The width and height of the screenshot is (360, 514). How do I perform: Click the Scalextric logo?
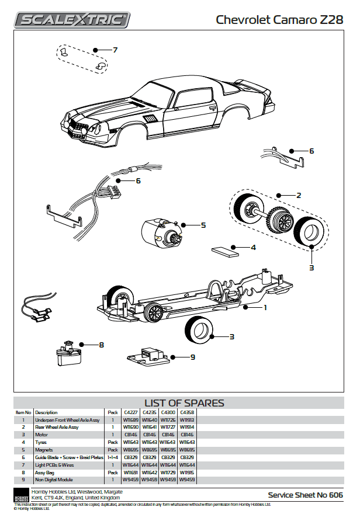coord(72,20)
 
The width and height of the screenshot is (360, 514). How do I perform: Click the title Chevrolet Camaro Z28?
coord(279,20)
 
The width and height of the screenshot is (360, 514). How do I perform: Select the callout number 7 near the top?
coord(115,50)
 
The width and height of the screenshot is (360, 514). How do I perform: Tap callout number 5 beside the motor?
coord(203,225)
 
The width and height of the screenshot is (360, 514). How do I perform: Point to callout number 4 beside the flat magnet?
coord(253,248)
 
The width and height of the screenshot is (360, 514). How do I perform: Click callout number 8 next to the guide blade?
coord(101,345)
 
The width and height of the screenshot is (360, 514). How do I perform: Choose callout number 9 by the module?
coord(192,357)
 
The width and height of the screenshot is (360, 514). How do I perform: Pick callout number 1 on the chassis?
coord(265,307)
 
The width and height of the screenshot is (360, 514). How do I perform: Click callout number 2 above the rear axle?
coord(299,195)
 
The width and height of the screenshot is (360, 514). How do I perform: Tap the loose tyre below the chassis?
coord(200,328)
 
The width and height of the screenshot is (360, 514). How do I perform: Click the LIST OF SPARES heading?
coord(184,403)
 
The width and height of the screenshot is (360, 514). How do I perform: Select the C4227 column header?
coord(130,412)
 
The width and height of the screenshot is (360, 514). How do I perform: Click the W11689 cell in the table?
coord(130,420)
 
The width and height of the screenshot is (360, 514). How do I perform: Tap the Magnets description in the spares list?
coord(45,450)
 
